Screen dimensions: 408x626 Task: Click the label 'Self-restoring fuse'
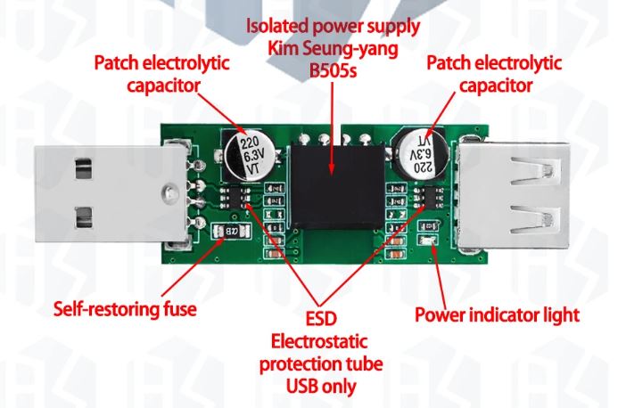[x=125, y=310]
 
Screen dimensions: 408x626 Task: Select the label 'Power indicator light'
[x=498, y=314]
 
